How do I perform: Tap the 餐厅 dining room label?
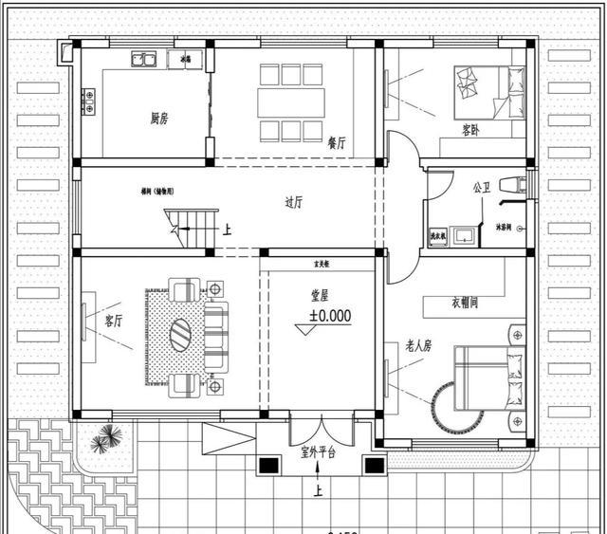[x=337, y=142]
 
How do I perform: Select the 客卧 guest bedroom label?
[x=469, y=130]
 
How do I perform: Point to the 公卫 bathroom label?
[x=482, y=188]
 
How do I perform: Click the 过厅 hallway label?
[x=294, y=202]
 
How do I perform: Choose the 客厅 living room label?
[x=115, y=322]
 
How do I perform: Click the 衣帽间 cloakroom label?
[x=464, y=303]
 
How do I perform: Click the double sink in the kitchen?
[x=145, y=60]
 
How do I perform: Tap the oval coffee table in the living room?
[x=181, y=335]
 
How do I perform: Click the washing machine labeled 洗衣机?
[x=439, y=234]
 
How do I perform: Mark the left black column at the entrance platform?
[x=269, y=466]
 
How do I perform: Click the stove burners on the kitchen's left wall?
[x=88, y=101]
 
